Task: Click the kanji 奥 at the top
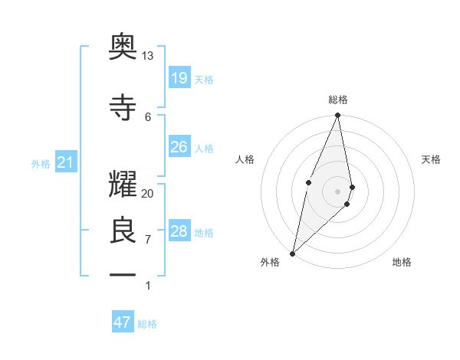123,47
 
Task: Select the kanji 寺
123,106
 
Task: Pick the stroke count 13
148,56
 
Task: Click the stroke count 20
148,193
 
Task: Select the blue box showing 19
179,77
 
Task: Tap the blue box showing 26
179,146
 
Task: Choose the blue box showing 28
179,231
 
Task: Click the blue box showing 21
66,162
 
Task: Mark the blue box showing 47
123,322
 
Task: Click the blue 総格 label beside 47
147,324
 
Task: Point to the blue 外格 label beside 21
41,163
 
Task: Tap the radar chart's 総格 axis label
338,100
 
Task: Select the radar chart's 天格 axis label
432,159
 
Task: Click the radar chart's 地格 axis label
402,262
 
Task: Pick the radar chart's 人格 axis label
245,159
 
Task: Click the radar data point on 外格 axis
292,253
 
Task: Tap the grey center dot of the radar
338,191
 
